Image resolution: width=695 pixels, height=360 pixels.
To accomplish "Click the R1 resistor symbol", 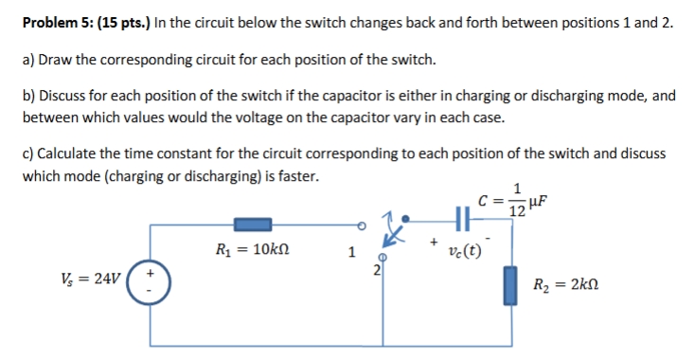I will (x=253, y=225).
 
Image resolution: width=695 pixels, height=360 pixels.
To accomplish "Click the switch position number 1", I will (x=351, y=253).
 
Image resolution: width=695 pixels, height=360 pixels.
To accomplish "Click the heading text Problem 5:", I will (x=61, y=25).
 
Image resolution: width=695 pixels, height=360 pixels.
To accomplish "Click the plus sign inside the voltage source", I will (x=148, y=273).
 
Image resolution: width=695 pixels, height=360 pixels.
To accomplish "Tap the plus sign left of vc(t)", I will (x=433, y=243).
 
